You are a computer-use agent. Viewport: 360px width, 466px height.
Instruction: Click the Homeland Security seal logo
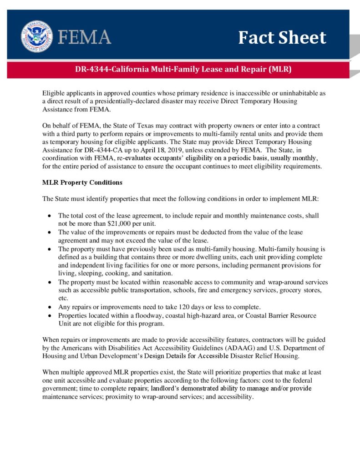coord(36,36)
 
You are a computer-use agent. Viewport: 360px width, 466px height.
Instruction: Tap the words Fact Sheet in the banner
coord(282,37)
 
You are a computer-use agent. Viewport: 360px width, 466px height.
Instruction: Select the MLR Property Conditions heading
coord(82,183)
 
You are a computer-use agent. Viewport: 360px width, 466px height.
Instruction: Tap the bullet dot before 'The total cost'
coord(49,215)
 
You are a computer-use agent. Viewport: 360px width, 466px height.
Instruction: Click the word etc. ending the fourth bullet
coord(63,298)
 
